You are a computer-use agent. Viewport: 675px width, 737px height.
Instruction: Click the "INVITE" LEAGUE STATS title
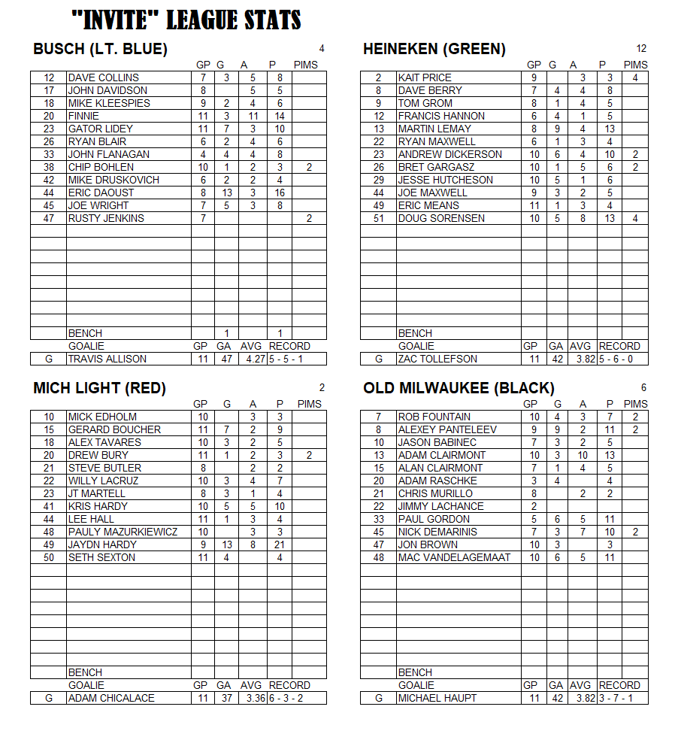(x=186, y=20)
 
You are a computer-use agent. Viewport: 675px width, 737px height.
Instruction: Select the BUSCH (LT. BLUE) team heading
(x=100, y=50)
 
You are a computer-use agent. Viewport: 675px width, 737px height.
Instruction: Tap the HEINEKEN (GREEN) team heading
(x=434, y=50)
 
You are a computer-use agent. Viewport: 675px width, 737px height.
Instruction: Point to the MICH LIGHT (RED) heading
(x=99, y=389)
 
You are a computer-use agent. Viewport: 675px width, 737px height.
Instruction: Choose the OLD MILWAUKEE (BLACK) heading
(x=459, y=389)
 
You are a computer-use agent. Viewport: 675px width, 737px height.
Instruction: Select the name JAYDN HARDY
(x=102, y=544)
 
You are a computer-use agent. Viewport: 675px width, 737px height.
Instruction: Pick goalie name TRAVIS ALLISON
(x=107, y=359)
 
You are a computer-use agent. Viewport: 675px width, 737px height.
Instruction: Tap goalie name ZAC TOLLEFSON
(x=437, y=359)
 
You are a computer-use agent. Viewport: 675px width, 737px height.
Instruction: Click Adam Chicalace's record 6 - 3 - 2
(x=289, y=698)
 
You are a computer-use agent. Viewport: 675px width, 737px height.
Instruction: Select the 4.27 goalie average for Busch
(x=253, y=359)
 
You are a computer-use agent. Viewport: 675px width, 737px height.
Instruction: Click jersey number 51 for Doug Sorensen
(x=378, y=218)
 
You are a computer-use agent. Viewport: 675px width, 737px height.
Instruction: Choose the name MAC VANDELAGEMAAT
(x=454, y=557)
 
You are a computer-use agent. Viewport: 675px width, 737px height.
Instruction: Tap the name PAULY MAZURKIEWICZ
(x=123, y=532)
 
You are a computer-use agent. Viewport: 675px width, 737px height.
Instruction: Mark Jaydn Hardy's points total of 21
(x=280, y=544)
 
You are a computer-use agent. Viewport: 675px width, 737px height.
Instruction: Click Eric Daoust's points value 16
(x=280, y=193)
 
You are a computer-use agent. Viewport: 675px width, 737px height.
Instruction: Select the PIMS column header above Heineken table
(x=635, y=65)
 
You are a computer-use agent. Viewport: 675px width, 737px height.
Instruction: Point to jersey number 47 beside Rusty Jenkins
(x=49, y=218)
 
